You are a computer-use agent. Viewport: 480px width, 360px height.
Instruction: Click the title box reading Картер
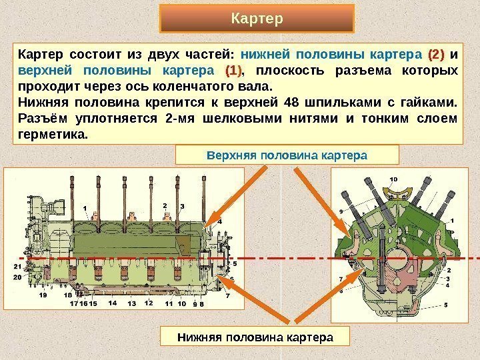(257, 18)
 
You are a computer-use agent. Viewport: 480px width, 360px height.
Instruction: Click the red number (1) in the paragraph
(233, 70)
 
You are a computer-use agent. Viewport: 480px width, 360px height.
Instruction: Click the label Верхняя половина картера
(287, 155)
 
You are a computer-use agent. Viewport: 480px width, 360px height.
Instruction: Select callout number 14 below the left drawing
(112, 303)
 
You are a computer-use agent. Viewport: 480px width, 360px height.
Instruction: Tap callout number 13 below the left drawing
(131, 303)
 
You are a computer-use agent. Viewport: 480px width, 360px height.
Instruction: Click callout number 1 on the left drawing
(85, 208)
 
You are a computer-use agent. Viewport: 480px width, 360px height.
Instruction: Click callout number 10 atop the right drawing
(393, 179)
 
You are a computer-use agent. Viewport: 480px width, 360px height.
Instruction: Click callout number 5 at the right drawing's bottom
(446, 304)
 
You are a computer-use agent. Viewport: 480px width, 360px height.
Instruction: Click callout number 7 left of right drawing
(341, 279)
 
